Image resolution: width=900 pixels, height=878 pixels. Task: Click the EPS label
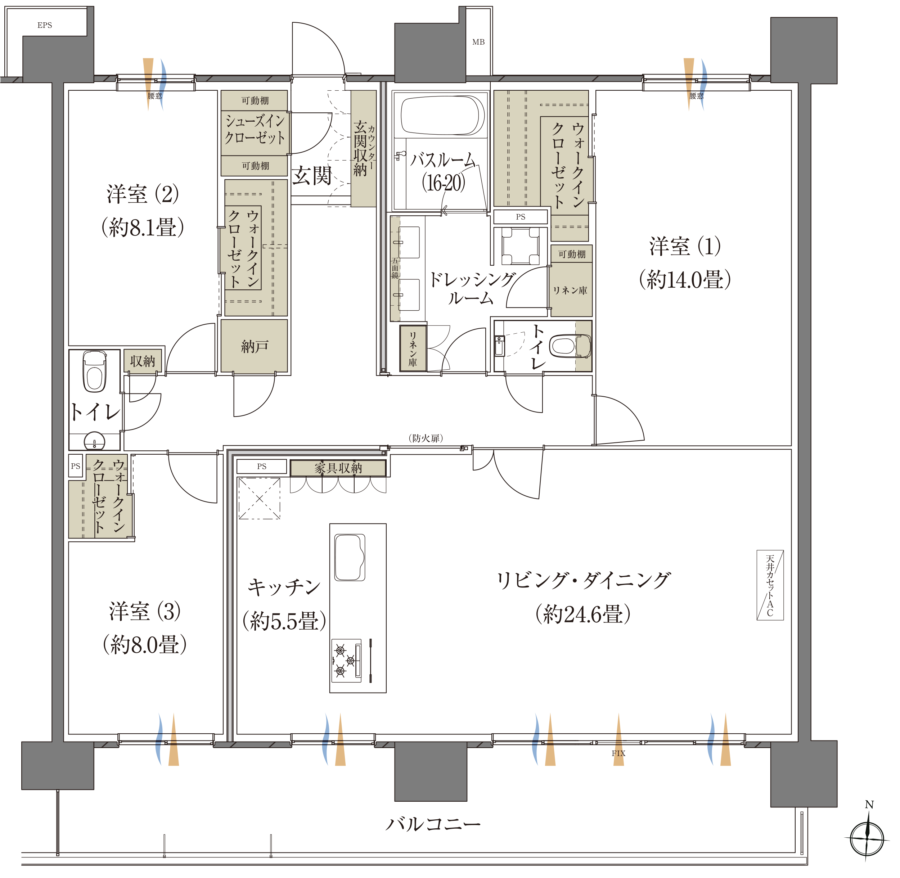click(x=45, y=25)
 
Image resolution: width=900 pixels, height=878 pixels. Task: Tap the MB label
click(x=478, y=42)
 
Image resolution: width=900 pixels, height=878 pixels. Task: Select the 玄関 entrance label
click(x=312, y=176)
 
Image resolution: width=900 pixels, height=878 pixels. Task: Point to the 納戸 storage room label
click(x=255, y=346)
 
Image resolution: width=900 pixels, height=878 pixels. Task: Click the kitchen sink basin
click(x=350, y=557)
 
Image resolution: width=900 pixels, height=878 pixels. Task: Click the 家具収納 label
click(x=338, y=468)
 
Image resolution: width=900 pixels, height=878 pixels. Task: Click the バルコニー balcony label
click(x=432, y=824)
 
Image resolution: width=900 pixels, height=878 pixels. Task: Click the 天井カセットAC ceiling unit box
click(x=770, y=585)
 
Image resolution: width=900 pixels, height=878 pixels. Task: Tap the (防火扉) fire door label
click(x=426, y=438)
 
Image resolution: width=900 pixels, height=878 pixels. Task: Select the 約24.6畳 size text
click(x=583, y=614)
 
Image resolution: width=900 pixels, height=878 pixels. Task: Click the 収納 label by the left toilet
click(x=143, y=361)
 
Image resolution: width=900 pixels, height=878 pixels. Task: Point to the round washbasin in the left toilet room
click(x=95, y=441)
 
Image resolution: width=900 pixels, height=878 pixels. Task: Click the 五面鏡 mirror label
click(x=395, y=268)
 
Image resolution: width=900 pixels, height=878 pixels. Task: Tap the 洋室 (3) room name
click(x=145, y=612)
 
